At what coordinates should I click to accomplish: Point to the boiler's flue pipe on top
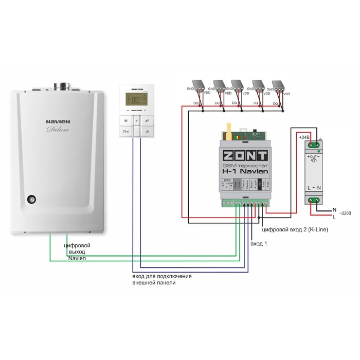tap(65, 85)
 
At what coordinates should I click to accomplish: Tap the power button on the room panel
tap(147, 132)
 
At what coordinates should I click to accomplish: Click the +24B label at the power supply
tap(305, 137)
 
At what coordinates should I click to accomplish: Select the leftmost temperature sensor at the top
tap(198, 85)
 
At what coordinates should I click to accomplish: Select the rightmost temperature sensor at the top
tap(280, 85)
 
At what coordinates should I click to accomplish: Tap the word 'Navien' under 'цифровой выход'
tap(77, 258)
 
